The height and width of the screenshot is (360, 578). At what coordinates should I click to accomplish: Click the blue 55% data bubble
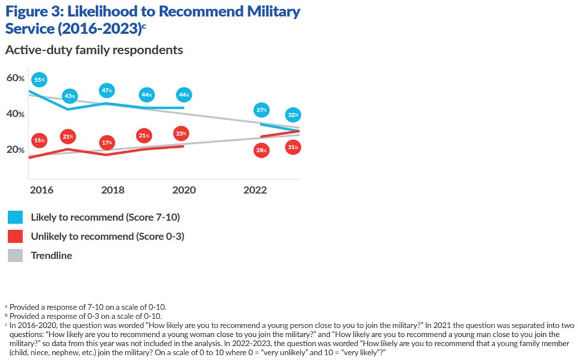point(40,80)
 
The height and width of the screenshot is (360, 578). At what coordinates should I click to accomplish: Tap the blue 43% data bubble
point(71,95)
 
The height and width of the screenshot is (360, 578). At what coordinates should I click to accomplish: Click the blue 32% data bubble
point(293,114)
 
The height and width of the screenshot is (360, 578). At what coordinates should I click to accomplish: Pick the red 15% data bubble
point(40,141)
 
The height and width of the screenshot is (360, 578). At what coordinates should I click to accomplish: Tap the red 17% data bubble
point(107,143)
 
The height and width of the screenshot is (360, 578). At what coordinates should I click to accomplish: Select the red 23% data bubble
point(181,134)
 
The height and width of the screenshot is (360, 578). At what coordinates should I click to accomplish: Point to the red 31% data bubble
point(293,146)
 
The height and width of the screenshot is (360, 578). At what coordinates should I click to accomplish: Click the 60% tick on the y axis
point(15,78)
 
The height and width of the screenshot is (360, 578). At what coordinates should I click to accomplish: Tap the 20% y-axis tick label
point(15,150)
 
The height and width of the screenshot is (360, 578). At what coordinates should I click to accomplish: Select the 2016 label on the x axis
point(41,190)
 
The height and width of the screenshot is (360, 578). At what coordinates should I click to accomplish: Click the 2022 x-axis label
point(255,190)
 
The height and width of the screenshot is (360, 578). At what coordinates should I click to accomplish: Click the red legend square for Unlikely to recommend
point(16,236)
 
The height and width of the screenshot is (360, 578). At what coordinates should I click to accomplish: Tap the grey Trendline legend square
point(16,256)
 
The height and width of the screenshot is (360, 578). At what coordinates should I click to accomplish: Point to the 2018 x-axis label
point(112,190)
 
